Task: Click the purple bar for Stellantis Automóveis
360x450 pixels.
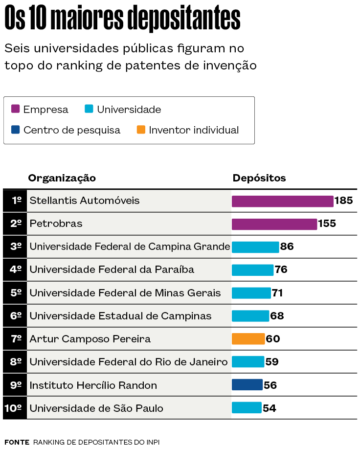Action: point(282,201)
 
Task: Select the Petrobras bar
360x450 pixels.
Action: point(274,224)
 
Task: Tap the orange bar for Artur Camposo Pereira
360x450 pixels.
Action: point(248,339)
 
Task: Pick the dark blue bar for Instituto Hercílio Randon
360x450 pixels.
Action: point(247,385)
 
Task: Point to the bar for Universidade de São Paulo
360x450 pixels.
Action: point(247,408)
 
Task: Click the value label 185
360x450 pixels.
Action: point(343,201)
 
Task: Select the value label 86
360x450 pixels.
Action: point(287,247)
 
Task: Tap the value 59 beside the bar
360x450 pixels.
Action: point(271,362)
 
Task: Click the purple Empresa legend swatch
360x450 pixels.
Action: point(15,109)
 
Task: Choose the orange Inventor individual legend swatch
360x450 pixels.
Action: point(141,130)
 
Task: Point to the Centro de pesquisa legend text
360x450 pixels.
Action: point(71,130)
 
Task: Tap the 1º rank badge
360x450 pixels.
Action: point(15,201)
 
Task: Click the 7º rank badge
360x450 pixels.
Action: point(15,339)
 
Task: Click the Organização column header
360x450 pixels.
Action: point(62,178)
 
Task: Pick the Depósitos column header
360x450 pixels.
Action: point(259,178)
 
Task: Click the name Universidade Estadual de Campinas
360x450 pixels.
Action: point(120,316)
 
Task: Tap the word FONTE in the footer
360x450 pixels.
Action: point(17,442)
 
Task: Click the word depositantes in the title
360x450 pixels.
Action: point(183,20)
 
